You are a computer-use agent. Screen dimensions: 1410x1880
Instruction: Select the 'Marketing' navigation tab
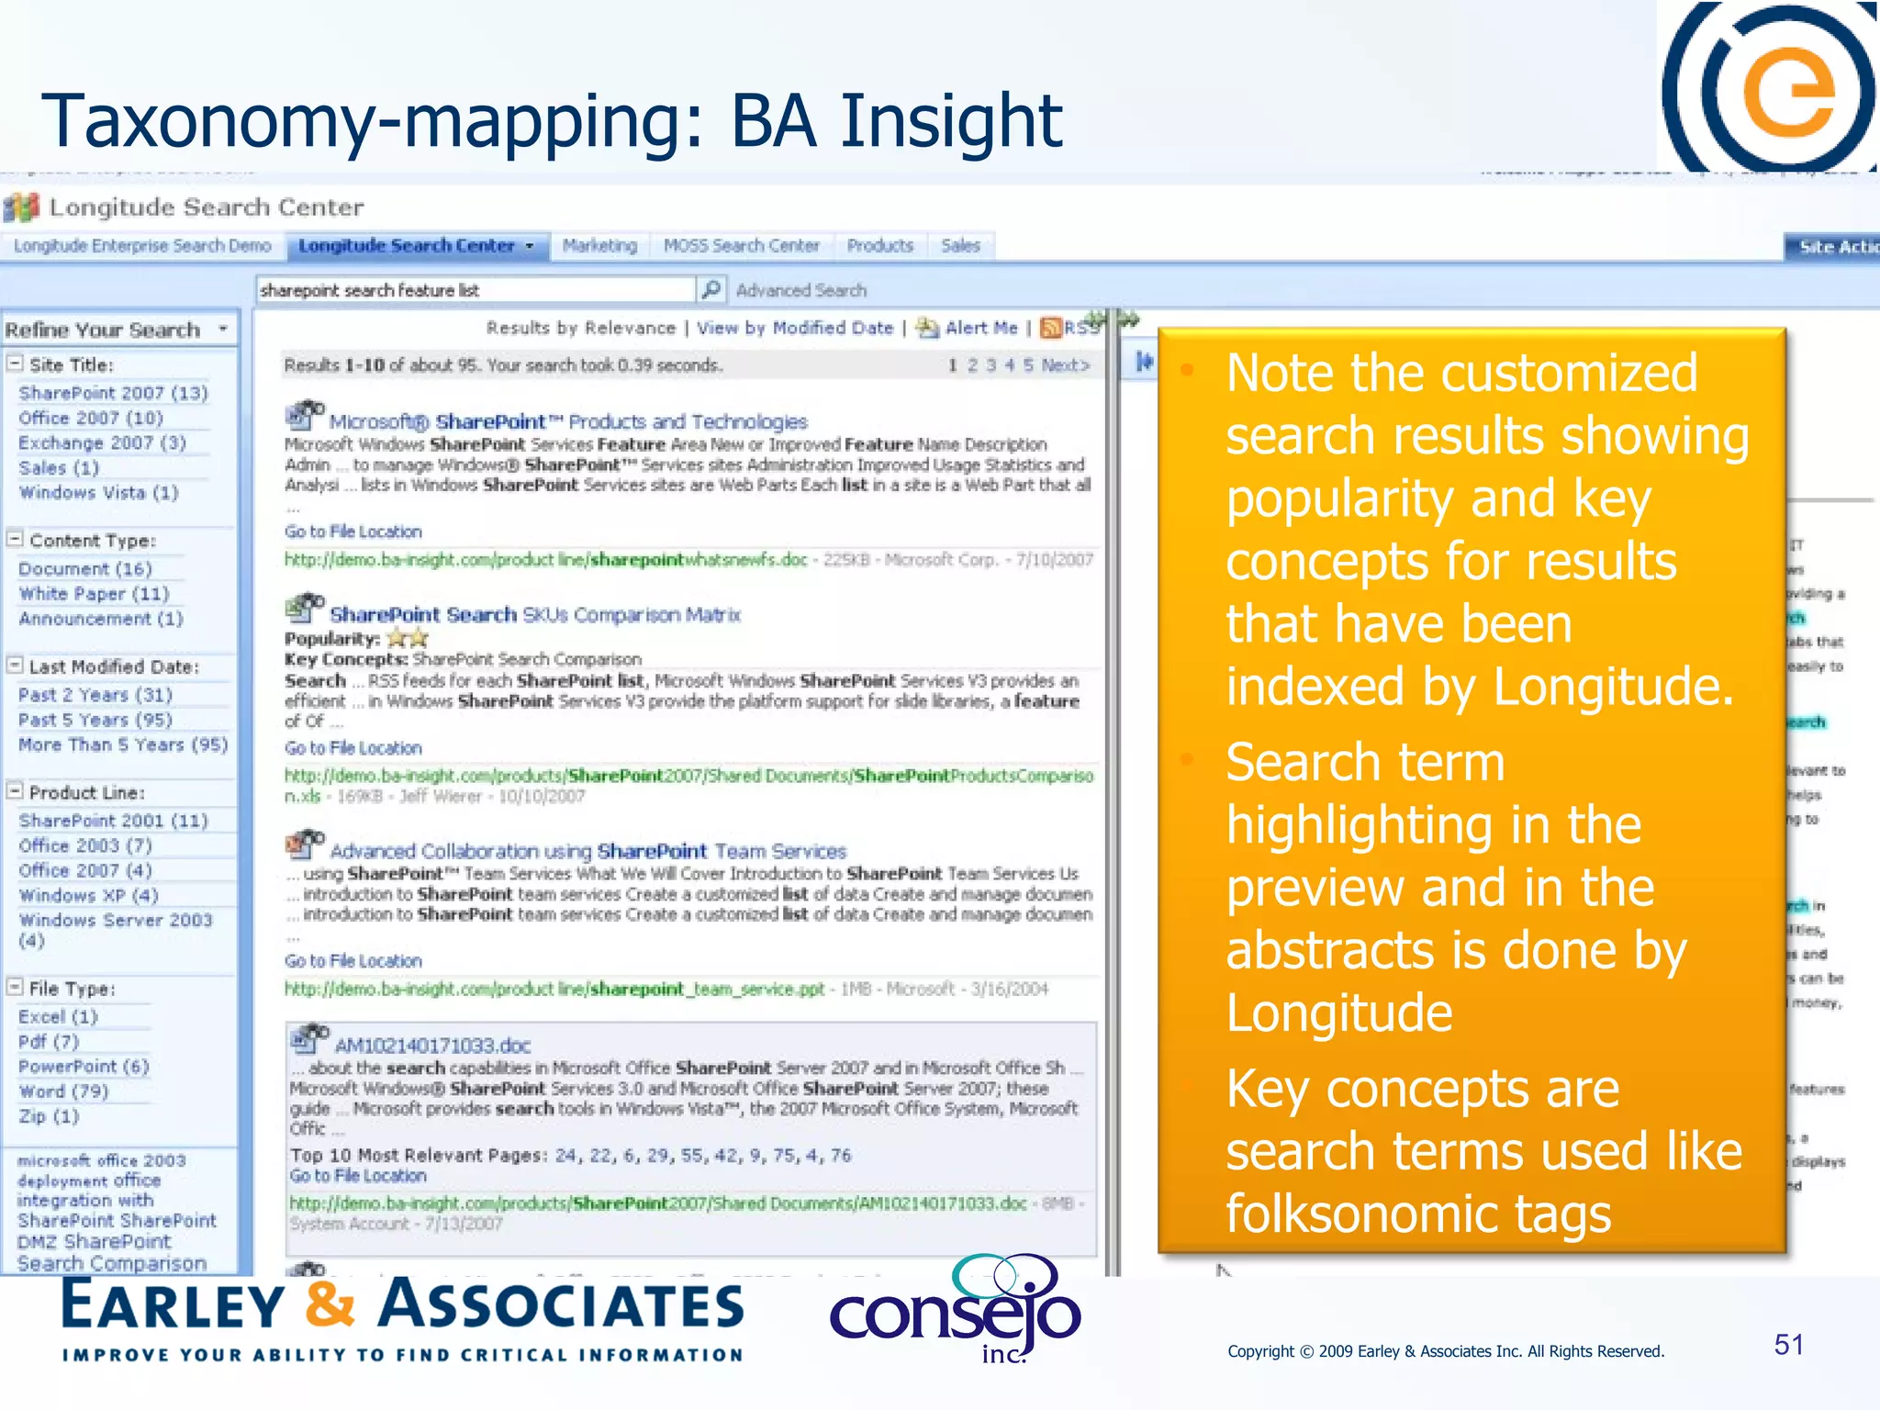pos(599,246)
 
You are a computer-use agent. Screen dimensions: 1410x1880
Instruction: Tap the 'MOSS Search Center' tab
pos(741,246)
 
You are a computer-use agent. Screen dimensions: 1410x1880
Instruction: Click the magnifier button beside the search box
pos(711,290)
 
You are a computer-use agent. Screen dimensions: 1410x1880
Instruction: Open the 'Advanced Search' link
pos(800,291)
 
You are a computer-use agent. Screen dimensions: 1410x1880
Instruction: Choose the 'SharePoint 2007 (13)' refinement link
pos(113,393)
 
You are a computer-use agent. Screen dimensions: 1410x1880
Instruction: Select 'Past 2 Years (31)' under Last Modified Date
pos(95,695)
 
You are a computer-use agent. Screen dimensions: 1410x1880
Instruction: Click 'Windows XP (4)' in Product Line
pos(88,895)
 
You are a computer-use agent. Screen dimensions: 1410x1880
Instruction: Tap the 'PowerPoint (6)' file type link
pos(83,1067)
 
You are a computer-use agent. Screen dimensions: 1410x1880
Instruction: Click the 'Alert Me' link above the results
pos(980,328)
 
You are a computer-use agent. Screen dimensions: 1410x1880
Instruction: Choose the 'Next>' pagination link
pos(1065,365)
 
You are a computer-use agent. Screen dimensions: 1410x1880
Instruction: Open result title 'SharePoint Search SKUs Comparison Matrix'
pos(534,615)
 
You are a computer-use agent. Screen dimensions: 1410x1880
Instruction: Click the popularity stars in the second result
pos(407,638)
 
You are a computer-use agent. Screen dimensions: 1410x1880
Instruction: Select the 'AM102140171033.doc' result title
pos(432,1046)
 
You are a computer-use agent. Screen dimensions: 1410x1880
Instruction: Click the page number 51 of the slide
pos(1788,1345)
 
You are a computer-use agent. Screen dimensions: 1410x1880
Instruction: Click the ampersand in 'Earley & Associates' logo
pos(330,1305)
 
